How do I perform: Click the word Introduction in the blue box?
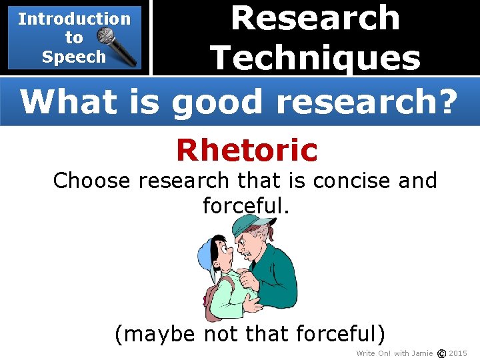pyautogui.click(x=74, y=19)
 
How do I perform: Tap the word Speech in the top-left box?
pyautogui.click(x=73, y=57)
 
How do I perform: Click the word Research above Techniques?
pyautogui.click(x=315, y=18)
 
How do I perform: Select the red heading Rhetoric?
pyautogui.click(x=247, y=150)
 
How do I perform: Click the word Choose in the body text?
pyautogui.click(x=92, y=181)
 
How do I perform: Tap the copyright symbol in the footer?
pyautogui.click(x=440, y=353)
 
